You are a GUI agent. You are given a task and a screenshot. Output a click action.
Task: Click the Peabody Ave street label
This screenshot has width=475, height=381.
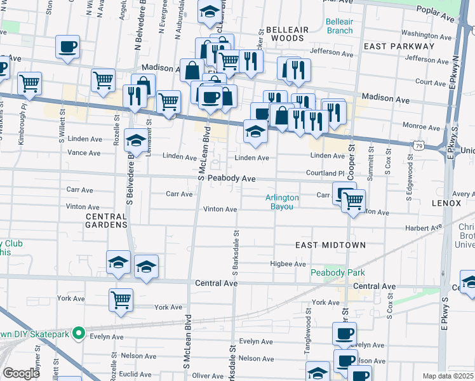click(x=232, y=179)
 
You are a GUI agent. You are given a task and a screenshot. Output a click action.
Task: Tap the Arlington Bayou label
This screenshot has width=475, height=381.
click(x=283, y=202)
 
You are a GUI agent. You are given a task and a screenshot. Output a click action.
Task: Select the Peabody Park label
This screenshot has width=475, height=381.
click(x=337, y=272)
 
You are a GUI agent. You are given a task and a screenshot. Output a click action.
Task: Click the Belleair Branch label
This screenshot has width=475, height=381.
click(x=339, y=26)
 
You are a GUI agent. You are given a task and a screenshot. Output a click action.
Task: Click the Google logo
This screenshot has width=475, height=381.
click(x=21, y=373)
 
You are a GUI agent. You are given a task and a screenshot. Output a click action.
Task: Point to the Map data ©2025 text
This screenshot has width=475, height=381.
click(x=448, y=376)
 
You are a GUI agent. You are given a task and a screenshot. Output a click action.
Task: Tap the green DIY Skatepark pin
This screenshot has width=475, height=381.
click(x=78, y=332)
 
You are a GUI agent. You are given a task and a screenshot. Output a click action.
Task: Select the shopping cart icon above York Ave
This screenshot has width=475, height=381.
click(x=121, y=299)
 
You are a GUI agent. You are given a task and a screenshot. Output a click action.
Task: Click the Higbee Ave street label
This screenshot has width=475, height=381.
click(x=288, y=264)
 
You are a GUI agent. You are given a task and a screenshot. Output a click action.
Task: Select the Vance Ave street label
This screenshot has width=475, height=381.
click(x=84, y=153)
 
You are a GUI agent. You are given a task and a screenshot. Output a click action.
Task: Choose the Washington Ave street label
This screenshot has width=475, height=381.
click(x=425, y=34)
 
